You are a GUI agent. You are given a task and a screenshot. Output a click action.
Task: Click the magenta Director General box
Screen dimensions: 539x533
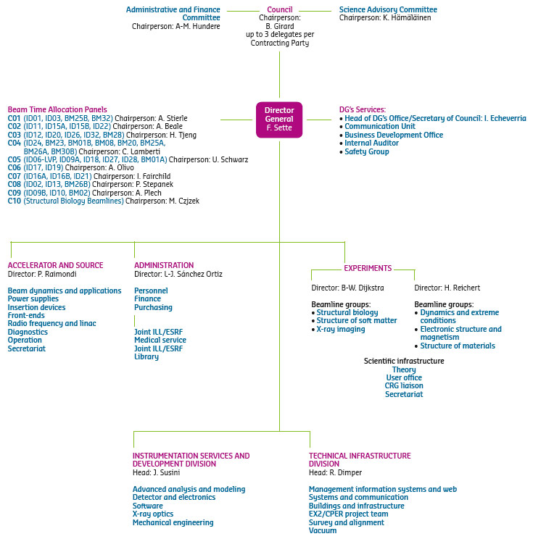point(279,120)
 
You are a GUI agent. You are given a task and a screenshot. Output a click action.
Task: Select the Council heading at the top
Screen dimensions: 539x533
point(279,9)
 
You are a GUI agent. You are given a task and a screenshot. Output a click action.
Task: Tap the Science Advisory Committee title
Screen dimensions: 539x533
point(388,9)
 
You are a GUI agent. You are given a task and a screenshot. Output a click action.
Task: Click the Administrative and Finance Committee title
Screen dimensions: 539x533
point(173,13)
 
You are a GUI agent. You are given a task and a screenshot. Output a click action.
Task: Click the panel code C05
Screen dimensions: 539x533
point(15,159)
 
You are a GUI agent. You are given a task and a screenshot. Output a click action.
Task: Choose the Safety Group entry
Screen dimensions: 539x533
point(366,152)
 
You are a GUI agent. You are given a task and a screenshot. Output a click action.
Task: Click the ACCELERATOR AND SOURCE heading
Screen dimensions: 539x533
point(56,265)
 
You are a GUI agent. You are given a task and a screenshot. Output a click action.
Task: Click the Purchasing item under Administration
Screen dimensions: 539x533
point(153,307)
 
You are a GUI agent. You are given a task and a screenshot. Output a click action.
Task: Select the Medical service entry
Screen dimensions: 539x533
point(160,340)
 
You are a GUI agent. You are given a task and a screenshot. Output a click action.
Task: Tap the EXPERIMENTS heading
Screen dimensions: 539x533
point(368,268)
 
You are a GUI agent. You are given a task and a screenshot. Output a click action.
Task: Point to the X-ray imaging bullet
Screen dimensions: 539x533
point(340,329)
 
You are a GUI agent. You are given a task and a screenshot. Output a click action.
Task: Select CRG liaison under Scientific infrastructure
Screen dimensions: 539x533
point(404,386)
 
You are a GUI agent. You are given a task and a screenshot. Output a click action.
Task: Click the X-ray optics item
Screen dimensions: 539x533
point(153,514)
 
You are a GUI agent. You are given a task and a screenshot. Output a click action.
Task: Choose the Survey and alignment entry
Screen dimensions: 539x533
point(347,522)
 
